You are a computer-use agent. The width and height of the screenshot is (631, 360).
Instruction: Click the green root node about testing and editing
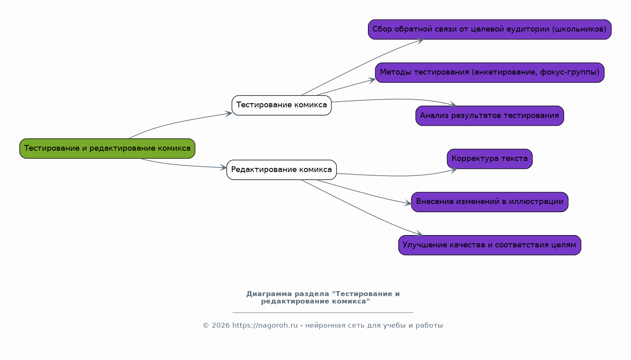pos(107,148)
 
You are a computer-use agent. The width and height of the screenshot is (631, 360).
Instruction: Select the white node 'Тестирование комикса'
pos(281,105)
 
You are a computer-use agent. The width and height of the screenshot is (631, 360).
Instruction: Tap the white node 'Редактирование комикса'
pos(281,170)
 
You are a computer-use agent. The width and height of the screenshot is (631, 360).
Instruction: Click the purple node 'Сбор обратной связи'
pos(489,29)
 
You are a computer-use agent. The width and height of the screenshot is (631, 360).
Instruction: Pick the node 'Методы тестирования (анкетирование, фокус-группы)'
pos(489,72)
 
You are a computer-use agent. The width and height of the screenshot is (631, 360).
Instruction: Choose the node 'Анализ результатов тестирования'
pos(489,115)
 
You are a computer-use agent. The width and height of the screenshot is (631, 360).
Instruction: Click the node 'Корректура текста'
pos(489,158)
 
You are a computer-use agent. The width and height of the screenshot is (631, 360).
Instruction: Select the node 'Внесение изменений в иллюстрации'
pos(489,202)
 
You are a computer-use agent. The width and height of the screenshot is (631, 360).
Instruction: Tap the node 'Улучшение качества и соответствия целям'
pos(489,245)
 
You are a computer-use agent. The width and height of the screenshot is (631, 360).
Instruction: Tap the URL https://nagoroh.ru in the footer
pos(265,326)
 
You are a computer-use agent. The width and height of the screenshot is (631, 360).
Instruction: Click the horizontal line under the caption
pos(323,312)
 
